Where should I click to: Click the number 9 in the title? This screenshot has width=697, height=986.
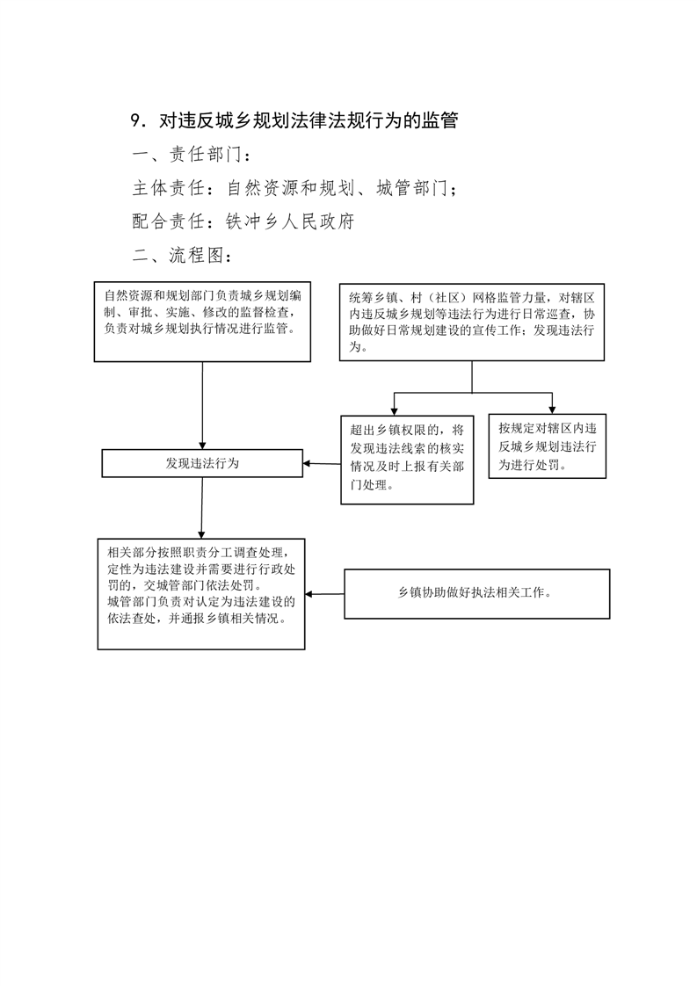pyautogui.click(x=134, y=120)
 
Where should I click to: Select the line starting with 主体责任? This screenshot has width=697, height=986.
pyautogui.click(x=294, y=187)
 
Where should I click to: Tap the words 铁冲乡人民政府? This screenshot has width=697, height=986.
pyautogui.click(x=290, y=221)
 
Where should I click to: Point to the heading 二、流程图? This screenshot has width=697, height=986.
pyautogui.click(x=182, y=255)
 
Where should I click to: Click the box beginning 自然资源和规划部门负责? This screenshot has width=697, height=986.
pyautogui.click(x=202, y=322)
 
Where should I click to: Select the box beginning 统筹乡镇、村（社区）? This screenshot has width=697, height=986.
pyautogui.click(x=472, y=322)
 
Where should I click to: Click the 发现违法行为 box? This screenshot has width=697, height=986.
pyautogui.click(x=202, y=463)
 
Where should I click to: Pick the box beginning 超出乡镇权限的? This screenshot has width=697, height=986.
pyautogui.click(x=407, y=460)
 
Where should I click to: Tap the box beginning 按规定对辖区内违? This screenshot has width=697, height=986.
pyautogui.click(x=548, y=446)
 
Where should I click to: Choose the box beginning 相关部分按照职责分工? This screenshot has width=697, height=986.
pyautogui.click(x=201, y=593)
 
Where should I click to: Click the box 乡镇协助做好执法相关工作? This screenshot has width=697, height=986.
pyautogui.click(x=477, y=593)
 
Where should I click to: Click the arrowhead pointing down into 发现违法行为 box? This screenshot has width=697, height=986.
pyautogui.click(x=202, y=445)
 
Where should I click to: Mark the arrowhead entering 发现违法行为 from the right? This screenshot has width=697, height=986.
pyautogui.click(x=308, y=464)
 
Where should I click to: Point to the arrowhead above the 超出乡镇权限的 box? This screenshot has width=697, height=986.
pyautogui.click(x=395, y=411)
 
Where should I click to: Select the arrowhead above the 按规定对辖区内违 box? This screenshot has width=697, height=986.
pyautogui.click(x=552, y=410)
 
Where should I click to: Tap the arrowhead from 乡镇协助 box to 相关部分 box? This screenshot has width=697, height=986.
pyautogui.click(x=310, y=593)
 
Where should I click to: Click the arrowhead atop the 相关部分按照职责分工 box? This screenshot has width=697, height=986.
pyautogui.click(x=201, y=534)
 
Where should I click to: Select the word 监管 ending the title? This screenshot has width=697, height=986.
pyautogui.click(x=439, y=120)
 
